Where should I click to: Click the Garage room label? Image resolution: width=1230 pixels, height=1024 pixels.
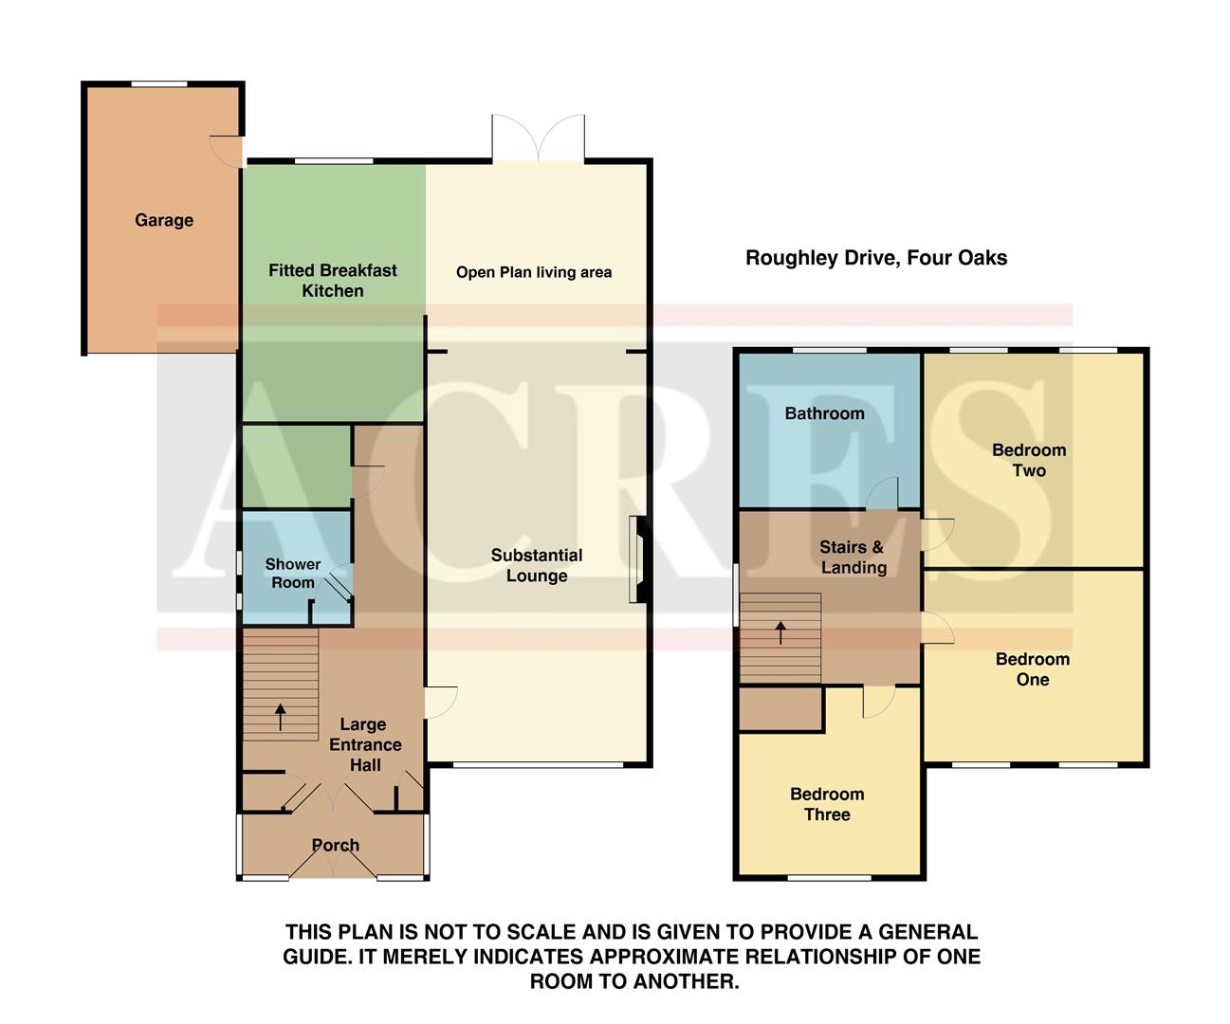coord(164,220)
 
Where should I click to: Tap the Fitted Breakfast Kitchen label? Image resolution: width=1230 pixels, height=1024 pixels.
coord(332,281)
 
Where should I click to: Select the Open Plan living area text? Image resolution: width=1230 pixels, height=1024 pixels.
coord(534,272)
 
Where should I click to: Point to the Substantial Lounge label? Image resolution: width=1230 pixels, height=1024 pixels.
coord(537,565)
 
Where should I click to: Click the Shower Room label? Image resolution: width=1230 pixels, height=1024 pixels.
coord(292,574)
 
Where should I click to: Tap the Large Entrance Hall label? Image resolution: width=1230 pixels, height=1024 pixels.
coord(364,744)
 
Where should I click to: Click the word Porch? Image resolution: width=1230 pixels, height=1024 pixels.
coord(336,845)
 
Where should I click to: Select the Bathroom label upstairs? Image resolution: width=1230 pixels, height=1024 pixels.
coord(824,413)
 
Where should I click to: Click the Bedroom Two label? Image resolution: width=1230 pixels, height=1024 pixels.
coord(1029,460)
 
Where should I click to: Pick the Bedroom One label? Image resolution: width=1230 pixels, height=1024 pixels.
coord(1032,669)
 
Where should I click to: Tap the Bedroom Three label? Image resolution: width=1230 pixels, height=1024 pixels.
coord(827,804)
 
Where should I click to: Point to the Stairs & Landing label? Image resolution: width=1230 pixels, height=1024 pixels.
coord(853,558)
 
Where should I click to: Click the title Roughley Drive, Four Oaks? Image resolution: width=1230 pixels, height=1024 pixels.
coord(876,258)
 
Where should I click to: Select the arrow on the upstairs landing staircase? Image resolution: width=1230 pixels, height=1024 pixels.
coord(780,632)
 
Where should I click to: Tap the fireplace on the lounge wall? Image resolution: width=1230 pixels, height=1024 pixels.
coord(638,559)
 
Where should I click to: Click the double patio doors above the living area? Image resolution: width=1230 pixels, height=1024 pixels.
coord(538,138)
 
